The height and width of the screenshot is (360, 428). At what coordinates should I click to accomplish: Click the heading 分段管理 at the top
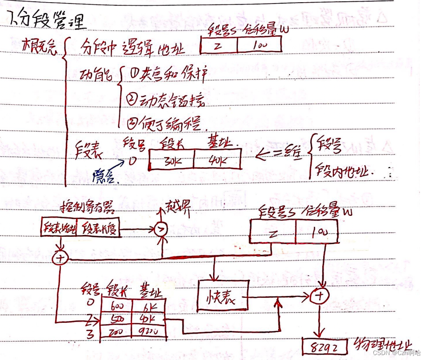click(x=45, y=20)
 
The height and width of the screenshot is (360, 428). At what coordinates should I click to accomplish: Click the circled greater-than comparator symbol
click(x=160, y=230)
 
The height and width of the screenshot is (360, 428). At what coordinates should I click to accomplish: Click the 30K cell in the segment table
click(x=171, y=159)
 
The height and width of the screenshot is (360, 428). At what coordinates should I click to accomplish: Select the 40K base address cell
click(x=217, y=159)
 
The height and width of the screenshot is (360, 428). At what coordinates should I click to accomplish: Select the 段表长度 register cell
click(x=98, y=227)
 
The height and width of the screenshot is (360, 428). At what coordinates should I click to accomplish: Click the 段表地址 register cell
click(x=59, y=227)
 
